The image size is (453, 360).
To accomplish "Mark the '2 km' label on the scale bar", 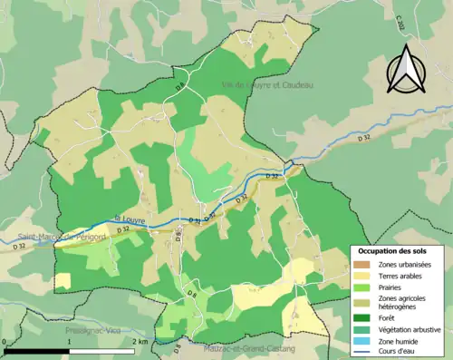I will [141, 341].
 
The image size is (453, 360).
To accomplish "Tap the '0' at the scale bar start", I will [5, 341].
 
